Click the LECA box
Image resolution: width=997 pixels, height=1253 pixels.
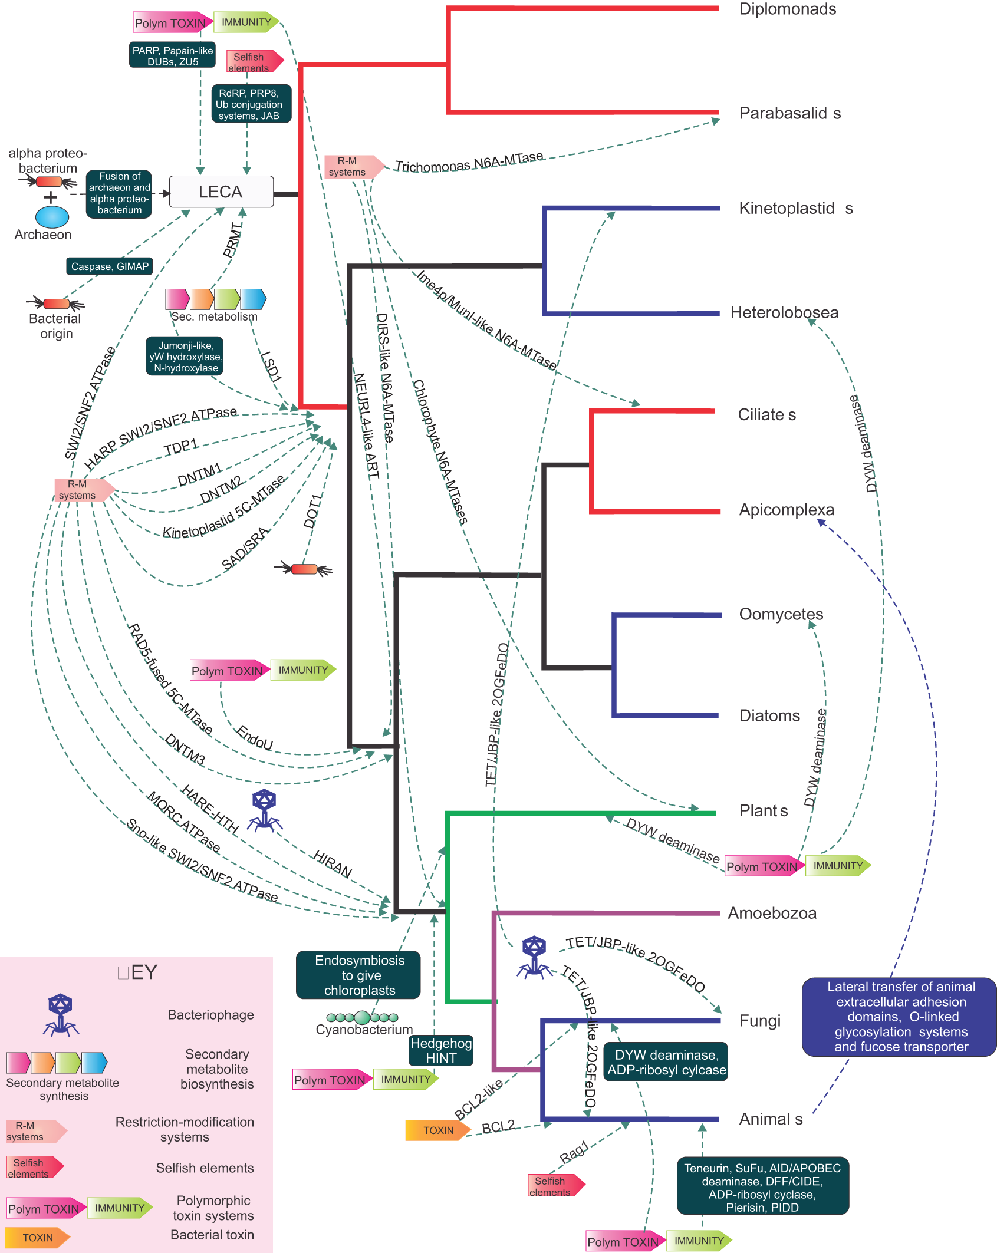pyautogui.click(x=221, y=192)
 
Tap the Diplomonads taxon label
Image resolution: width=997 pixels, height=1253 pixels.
pyautogui.click(x=787, y=9)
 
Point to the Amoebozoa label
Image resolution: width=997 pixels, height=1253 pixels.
pyautogui.click(x=772, y=914)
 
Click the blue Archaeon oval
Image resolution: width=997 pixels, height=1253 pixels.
pyautogui.click(x=52, y=216)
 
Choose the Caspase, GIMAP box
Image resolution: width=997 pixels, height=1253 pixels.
pyautogui.click(x=110, y=266)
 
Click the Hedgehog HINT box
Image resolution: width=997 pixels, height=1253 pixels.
pyautogui.click(x=441, y=1050)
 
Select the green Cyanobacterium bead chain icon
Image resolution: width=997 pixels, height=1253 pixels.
pyautogui.click(x=362, y=1017)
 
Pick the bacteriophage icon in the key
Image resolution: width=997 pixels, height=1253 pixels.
pyautogui.click(x=61, y=1015)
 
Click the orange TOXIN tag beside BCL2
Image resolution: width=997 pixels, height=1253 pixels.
pyautogui.click(x=437, y=1130)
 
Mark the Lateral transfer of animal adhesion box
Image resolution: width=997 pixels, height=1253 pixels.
pyautogui.click(x=900, y=1017)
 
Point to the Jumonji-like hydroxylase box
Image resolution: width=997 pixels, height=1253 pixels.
pyautogui.click(x=185, y=357)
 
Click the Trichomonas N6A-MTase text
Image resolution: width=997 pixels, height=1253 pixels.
pyautogui.click(x=469, y=163)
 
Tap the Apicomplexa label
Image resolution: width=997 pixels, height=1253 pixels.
pyautogui.click(x=787, y=510)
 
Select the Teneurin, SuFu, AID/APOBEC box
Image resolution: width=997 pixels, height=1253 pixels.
pyautogui.click(x=762, y=1187)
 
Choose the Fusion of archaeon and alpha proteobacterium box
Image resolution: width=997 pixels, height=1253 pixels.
pyautogui.click(x=119, y=193)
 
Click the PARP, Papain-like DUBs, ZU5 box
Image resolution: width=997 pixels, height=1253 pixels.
pyautogui.click(x=172, y=55)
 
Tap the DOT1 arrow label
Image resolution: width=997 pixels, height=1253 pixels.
pyautogui.click(x=313, y=510)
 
